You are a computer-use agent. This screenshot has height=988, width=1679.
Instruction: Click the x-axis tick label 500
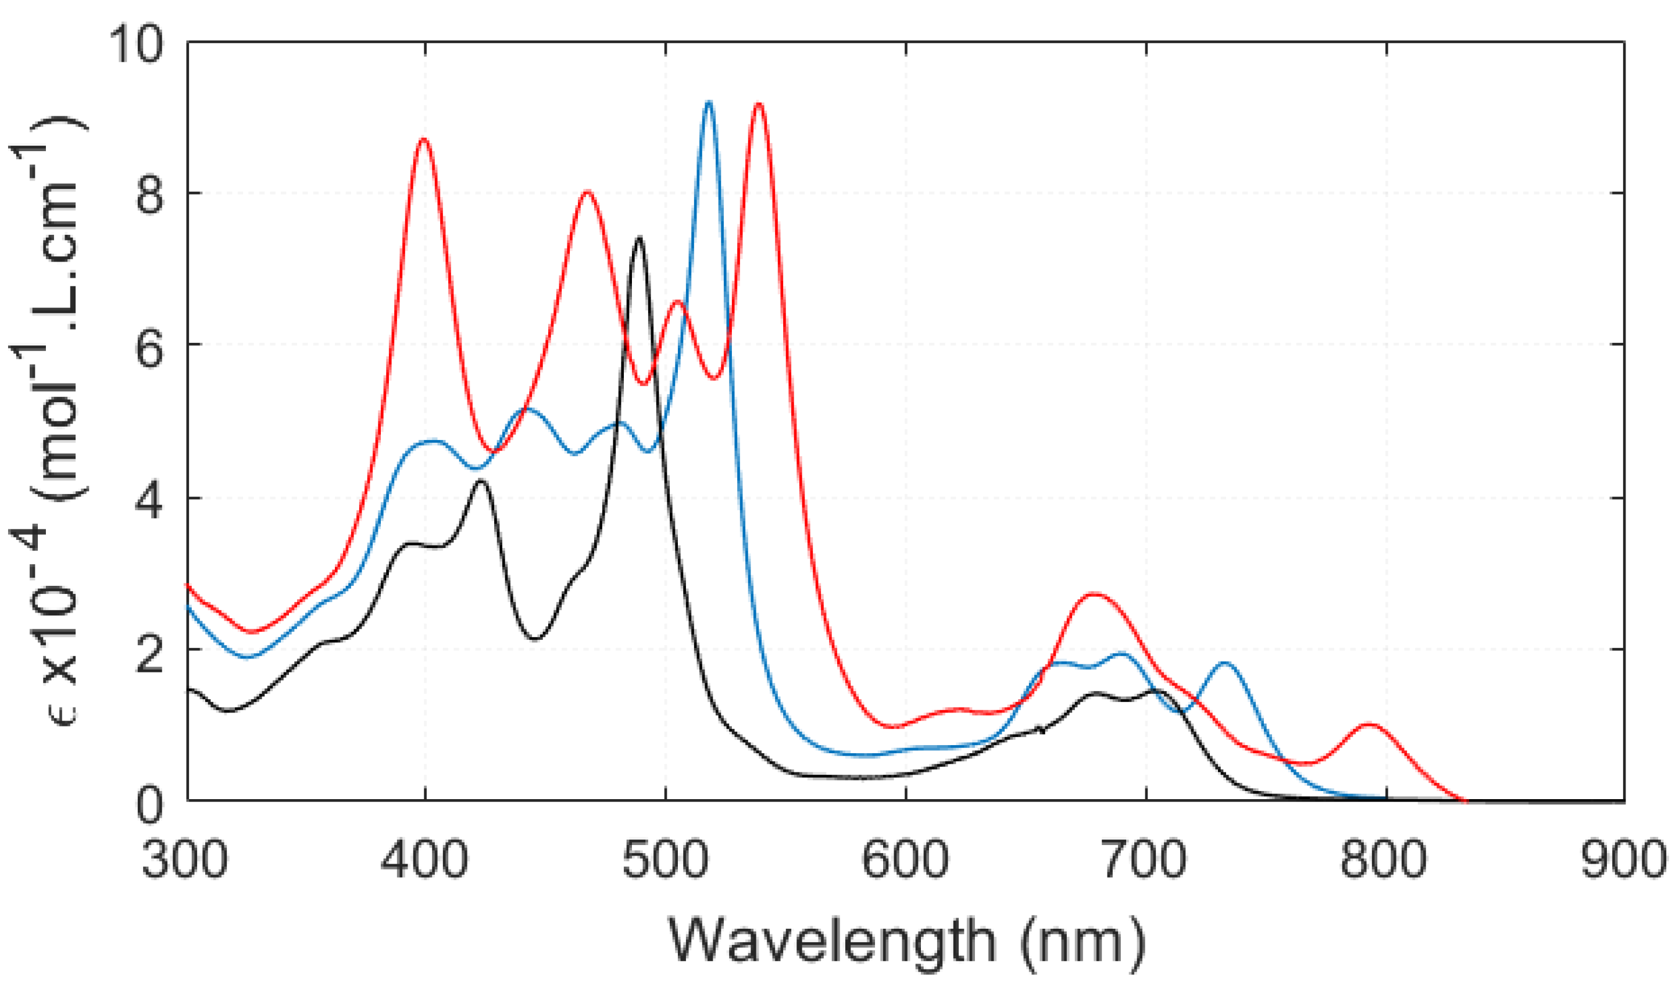pyautogui.click(x=665, y=860)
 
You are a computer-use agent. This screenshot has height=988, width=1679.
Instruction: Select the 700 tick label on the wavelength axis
pyautogui.click(x=1145, y=860)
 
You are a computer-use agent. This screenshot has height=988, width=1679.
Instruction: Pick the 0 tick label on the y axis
pyautogui.click(x=149, y=806)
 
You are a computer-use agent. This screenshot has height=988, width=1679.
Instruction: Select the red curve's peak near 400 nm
pyautogui.click(x=424, y=139)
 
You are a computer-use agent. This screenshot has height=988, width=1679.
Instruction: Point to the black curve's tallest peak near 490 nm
pyautogui.click(x=640, y=238)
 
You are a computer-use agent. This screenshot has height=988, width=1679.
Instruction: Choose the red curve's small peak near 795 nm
pyautogui.click(x=1370, y=724)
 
